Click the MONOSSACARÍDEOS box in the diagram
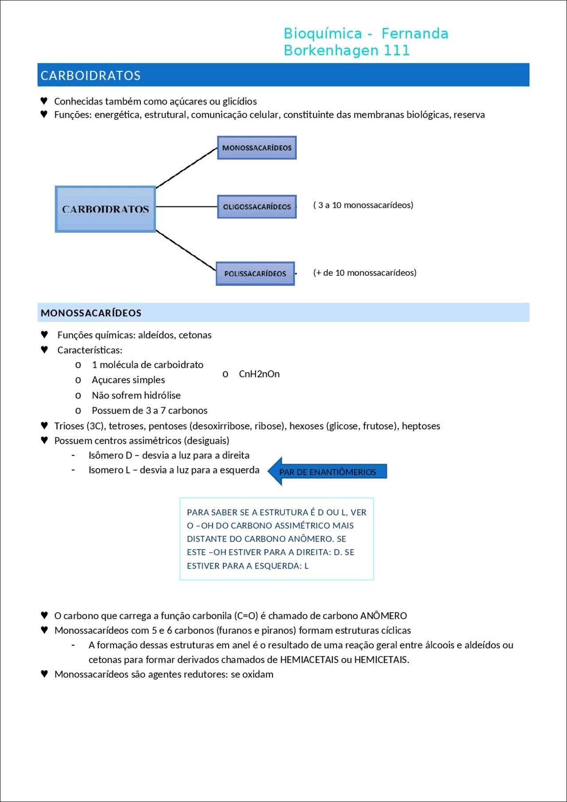(256, 148)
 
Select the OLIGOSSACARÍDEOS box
(256, 207)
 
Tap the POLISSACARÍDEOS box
(255, 274)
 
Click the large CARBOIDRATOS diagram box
(105, 209)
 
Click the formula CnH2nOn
(259, 374)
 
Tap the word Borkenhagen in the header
(332, 50)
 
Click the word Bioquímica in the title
(323, 34)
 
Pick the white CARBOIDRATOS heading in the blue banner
(91, 76)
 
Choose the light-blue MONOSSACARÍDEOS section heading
(91, 313)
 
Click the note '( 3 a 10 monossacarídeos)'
(363, 205)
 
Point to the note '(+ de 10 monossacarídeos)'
(365, 273)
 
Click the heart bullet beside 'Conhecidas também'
(44, 101)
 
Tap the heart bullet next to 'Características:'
(44, 350)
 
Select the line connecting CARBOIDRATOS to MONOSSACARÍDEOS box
(186, 168)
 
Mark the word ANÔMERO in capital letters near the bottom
(383, 616)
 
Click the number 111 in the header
(397, 50)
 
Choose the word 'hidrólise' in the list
(161, 395)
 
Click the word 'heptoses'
(421, 426)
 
